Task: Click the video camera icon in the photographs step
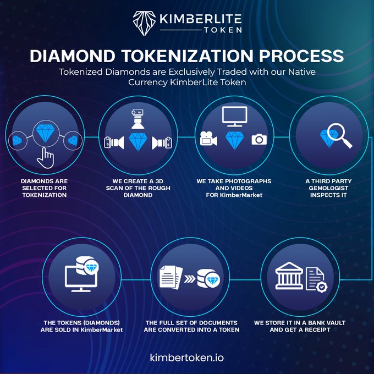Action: point(208,139)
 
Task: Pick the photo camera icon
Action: point(258,139)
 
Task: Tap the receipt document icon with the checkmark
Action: point(315,279)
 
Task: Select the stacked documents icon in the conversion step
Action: point(169,276)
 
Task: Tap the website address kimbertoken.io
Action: point(186,357)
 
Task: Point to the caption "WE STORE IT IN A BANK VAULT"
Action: point(300,322)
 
